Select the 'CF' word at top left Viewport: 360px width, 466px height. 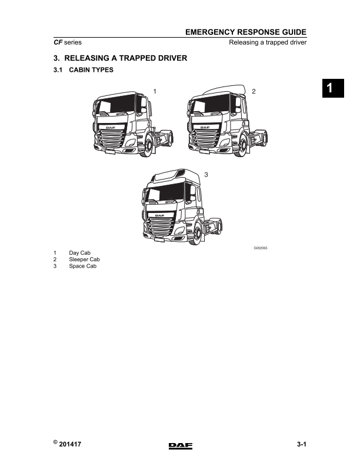point(58,43)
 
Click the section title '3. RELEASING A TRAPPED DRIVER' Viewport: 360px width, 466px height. point(120,58)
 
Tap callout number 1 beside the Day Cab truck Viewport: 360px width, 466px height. point(155,91)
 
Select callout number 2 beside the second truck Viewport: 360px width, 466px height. point(253,91)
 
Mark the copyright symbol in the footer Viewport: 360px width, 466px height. point(55,443)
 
